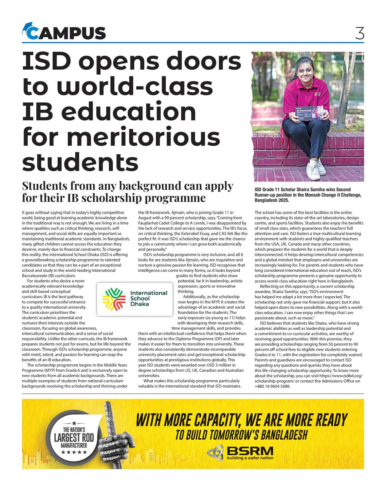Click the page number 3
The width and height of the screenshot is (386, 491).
[x=359, y=33]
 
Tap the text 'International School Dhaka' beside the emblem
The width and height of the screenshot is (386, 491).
[x=148, y=299]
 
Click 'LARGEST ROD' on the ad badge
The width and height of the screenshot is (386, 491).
[x=74, y=438]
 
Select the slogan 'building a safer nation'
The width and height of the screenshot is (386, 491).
[x=250, y=458]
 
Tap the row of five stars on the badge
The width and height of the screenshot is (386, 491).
[x=74, y=452]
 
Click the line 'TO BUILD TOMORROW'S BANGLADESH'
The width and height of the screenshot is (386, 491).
[x=241, y=435]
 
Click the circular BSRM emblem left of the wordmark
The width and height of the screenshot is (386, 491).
[x=215, y=453]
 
